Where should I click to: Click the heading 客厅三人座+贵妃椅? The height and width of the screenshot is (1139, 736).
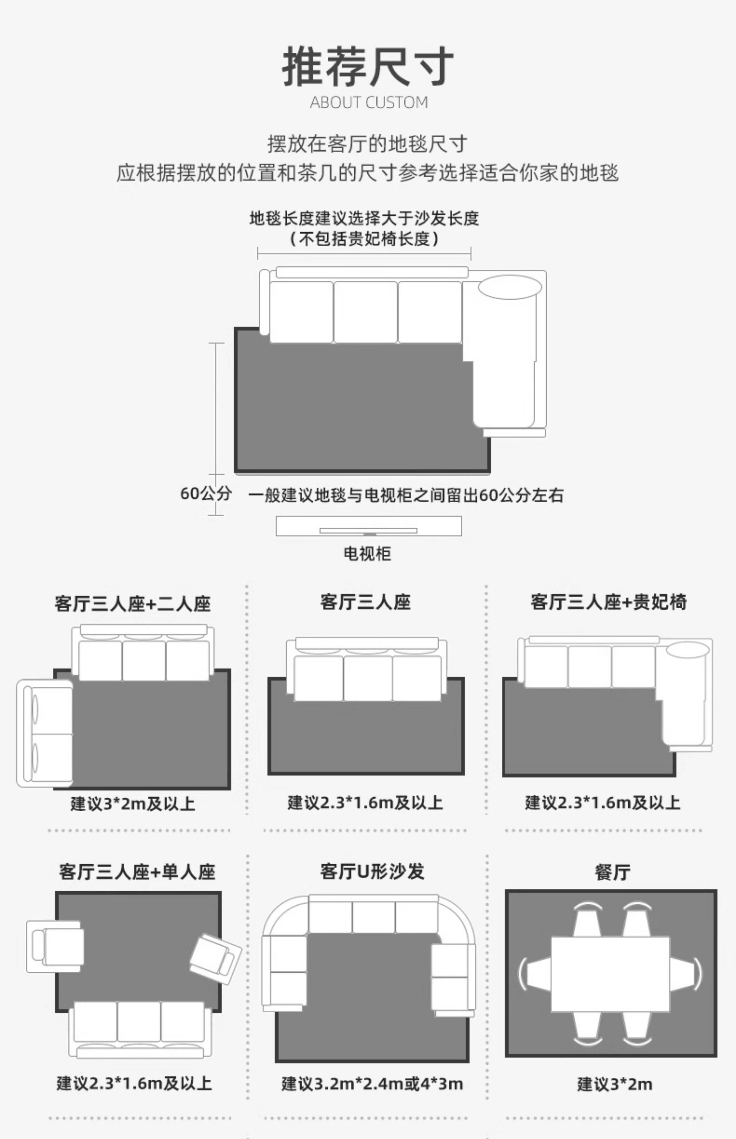(608, 602)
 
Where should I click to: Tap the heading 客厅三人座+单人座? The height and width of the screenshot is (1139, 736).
(137, 872)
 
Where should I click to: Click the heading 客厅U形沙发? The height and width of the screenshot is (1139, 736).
(372, 871)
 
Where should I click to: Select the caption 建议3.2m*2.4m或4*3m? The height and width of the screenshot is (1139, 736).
(372, 1084)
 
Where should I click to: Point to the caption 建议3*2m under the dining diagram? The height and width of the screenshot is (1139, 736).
(614, 1084)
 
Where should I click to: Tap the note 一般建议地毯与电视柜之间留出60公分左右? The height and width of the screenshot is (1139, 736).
(406, 495)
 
